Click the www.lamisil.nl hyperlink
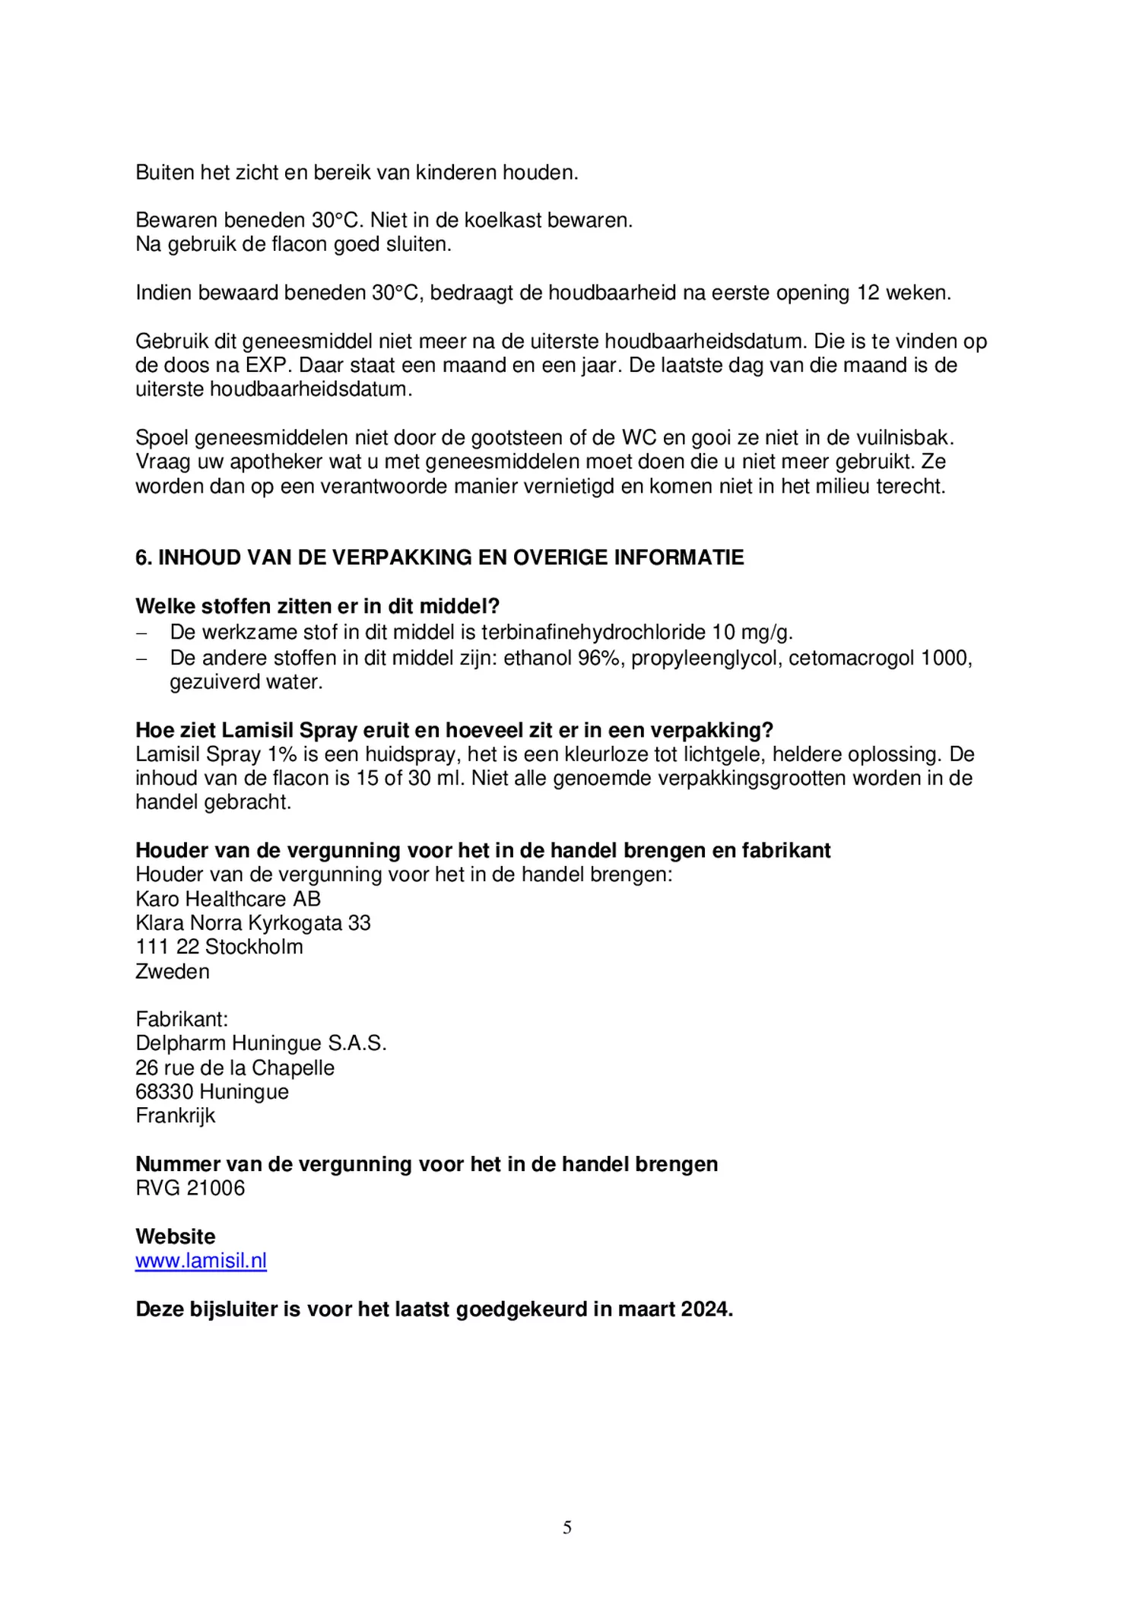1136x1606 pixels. tap(201, 1261)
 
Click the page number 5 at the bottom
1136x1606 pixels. tap(567, 1528)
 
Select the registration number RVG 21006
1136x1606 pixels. tap(190, 1189)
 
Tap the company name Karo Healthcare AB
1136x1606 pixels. tap(228, 899)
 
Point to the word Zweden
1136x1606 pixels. tap(173, 972)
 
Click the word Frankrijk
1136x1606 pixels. tap(176, 1116)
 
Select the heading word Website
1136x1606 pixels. tap(176, 1236)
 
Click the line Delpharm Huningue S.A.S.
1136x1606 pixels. tap(261, 1043)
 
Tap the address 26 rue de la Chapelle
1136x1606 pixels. tap(235, 1068)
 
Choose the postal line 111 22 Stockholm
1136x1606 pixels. tap(219, 947)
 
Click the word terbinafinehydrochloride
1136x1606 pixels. tap(594, 633)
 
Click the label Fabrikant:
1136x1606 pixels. tap(182, 1019)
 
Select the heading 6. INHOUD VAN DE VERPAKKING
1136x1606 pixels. tap(439, 557)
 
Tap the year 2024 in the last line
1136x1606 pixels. tap(706, 1309)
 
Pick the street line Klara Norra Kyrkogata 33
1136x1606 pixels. tap(253, 923)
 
